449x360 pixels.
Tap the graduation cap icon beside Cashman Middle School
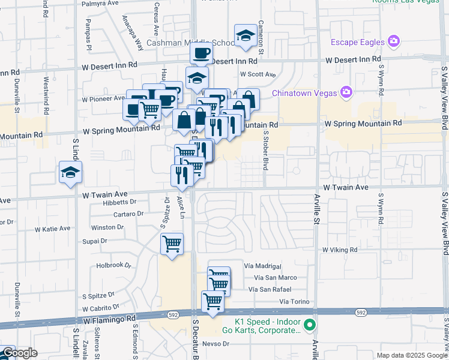246,37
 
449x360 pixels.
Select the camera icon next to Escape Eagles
394,41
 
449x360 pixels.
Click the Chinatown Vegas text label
304,92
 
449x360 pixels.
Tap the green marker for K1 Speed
310,325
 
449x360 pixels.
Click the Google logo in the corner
19,353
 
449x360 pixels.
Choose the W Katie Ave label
52,229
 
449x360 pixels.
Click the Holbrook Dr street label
113,265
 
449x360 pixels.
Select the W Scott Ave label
258,74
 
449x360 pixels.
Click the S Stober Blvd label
265,153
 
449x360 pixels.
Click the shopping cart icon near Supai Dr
172,244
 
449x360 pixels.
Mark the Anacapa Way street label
133,35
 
